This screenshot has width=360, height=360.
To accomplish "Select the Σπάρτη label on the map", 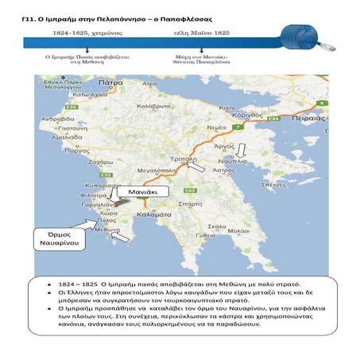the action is pos(190,203).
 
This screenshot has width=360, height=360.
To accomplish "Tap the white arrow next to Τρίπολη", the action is pos(193,167).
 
